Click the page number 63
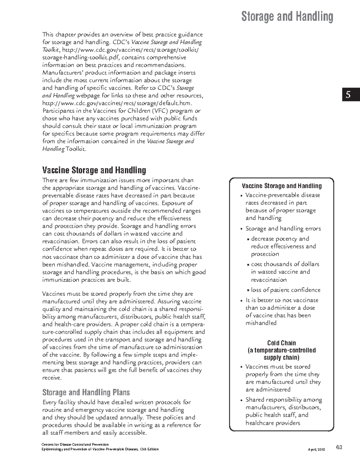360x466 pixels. (x=339, y=447)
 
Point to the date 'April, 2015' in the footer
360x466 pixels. (x=316, y=449)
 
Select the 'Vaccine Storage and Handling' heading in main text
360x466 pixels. (x=94, y=170)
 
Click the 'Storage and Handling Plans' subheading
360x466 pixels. (x=86, y=392)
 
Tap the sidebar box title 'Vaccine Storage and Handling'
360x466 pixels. (x=282, y=186)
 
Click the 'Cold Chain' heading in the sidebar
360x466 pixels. (x=281, y=343)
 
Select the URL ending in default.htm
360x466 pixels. (x=117, y=103)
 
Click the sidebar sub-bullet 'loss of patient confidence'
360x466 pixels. (x=286, y=290)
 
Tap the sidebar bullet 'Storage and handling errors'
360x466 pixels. (x=283, y=229)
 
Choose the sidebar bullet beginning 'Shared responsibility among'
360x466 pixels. (x=283, y=400)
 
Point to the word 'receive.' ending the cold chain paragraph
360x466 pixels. (x=52, y=378)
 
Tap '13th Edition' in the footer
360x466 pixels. (x=149, y=449)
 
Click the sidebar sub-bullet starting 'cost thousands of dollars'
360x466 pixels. (x=285, y=264)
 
